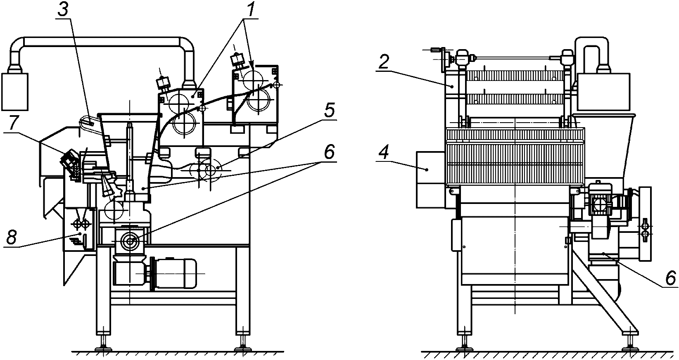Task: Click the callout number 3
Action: click(63, 10)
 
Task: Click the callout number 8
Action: click(11, 238)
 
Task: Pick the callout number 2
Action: click(383, 62)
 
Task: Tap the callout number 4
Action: click(384, 153)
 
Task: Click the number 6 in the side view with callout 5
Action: click(329, 152)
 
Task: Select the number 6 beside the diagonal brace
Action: click(670, 277)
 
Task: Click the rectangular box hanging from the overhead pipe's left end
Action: click(15, 92)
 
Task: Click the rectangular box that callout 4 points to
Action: click(430, 180)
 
